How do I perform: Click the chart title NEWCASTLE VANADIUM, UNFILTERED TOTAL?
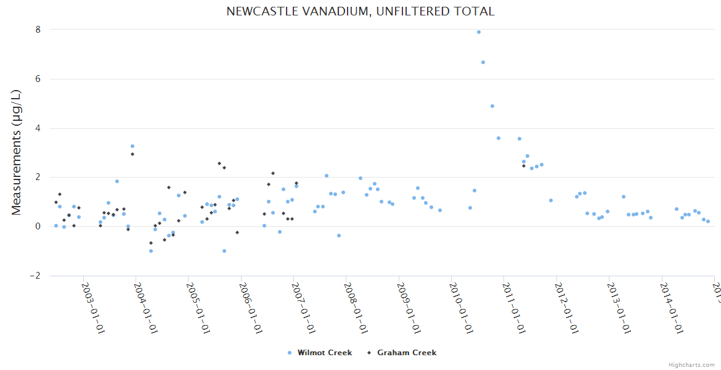(360, 11)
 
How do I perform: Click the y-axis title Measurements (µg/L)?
(17, 152)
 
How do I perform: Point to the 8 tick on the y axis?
(38, 30)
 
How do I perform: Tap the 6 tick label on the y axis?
(38, 79)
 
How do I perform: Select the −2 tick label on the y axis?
(35, 276)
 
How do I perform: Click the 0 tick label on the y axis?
(38, 226)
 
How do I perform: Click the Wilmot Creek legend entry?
(320, 353)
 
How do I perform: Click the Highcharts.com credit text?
(691, 365)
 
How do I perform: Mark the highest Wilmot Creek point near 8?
(479, 32)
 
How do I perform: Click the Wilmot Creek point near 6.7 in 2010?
(483, 62)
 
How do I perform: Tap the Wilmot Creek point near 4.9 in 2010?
(492, 106)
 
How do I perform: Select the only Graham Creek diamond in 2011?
(524, 166)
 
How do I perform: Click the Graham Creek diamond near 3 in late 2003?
(132, 154)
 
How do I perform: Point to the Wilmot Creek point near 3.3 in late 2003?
(132, 146)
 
